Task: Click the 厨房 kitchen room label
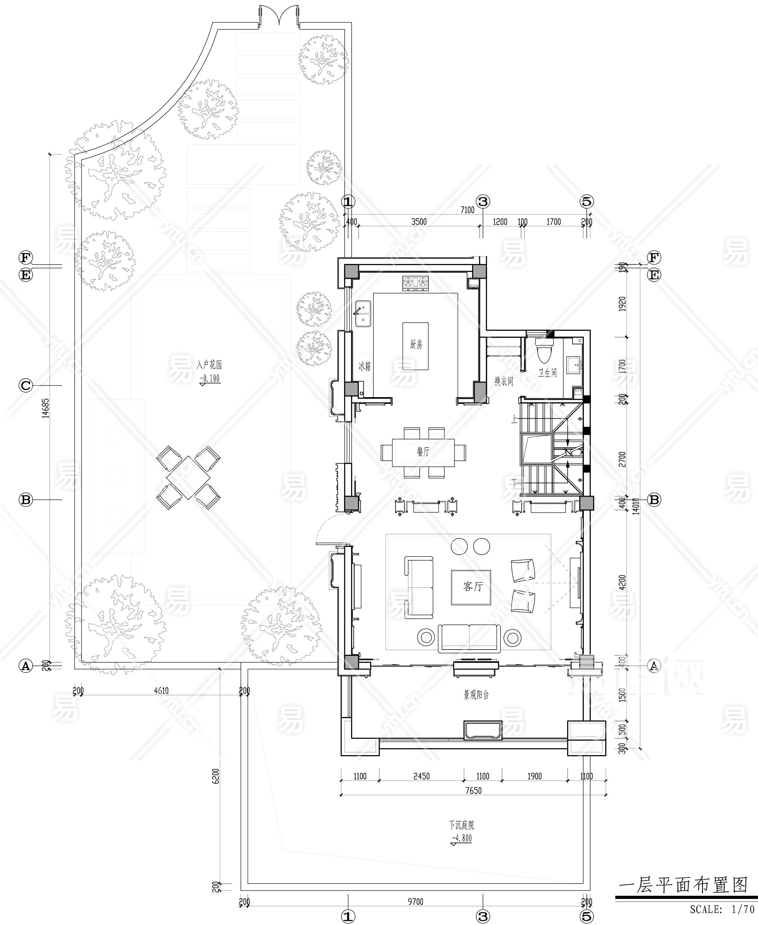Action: pos(416,344)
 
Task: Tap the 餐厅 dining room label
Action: pos(423,452)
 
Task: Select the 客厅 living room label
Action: pos(473,586)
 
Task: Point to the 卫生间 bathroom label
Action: pos(547,373)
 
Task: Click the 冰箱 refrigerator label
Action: pos(365,366)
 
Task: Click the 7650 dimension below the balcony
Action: pos(473,791)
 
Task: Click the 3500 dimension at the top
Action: pos(419,222)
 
